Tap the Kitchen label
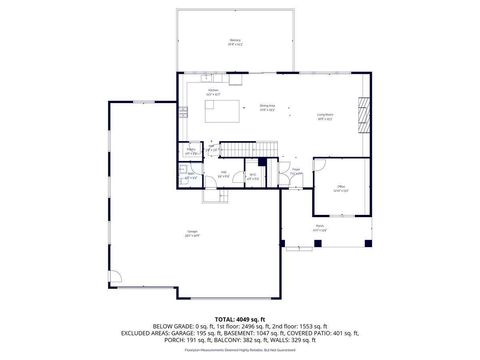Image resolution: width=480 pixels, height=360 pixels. (213, 92)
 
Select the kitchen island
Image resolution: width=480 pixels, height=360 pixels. (225, 110)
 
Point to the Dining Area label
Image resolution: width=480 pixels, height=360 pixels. (267, 107)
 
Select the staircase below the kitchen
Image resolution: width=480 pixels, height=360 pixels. (237, 149)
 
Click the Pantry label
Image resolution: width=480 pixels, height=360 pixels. (191, 152)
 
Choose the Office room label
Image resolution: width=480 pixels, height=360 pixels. (340, 189)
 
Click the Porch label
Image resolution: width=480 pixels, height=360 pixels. (319, 227)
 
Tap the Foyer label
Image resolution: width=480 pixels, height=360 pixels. (296, 170)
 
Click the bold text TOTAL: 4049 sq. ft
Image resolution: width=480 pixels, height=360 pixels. (239, 318)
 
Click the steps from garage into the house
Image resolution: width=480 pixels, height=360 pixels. (214, 196)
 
